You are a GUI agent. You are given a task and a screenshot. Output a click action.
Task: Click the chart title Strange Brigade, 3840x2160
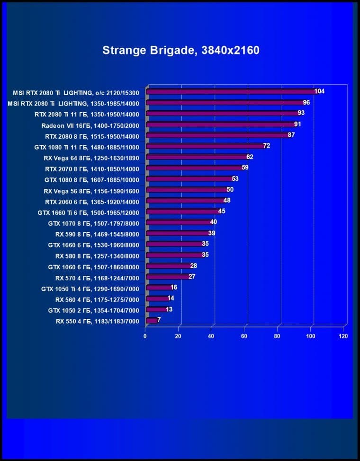(181, 51)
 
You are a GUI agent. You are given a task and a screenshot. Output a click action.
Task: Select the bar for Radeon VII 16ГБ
(220, 125)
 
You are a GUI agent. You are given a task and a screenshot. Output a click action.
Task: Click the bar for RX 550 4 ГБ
(152, 320)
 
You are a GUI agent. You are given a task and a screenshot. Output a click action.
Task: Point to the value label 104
(319, 91)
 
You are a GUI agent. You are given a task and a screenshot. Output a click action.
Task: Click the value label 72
(266, 146)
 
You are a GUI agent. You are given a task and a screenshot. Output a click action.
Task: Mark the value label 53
(235, 179)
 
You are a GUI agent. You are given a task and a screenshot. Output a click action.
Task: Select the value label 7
(159, 319)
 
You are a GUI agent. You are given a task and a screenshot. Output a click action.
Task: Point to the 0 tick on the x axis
(145, 336)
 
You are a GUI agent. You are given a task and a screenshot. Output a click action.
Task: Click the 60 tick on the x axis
(244, 336)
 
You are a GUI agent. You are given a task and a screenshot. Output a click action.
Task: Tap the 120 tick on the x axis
(343, 336)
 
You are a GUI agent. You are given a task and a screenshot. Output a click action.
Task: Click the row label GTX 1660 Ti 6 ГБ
(88, 213)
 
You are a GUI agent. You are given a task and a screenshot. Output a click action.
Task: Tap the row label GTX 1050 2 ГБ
(93, 310)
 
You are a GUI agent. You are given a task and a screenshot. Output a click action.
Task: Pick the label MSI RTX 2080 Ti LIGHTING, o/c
(73, 92)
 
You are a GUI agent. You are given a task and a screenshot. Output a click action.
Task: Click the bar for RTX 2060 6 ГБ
(184, 201)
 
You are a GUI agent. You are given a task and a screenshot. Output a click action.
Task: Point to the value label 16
(174, 287)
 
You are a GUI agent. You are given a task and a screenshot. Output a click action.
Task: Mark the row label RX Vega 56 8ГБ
(91, 191)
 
